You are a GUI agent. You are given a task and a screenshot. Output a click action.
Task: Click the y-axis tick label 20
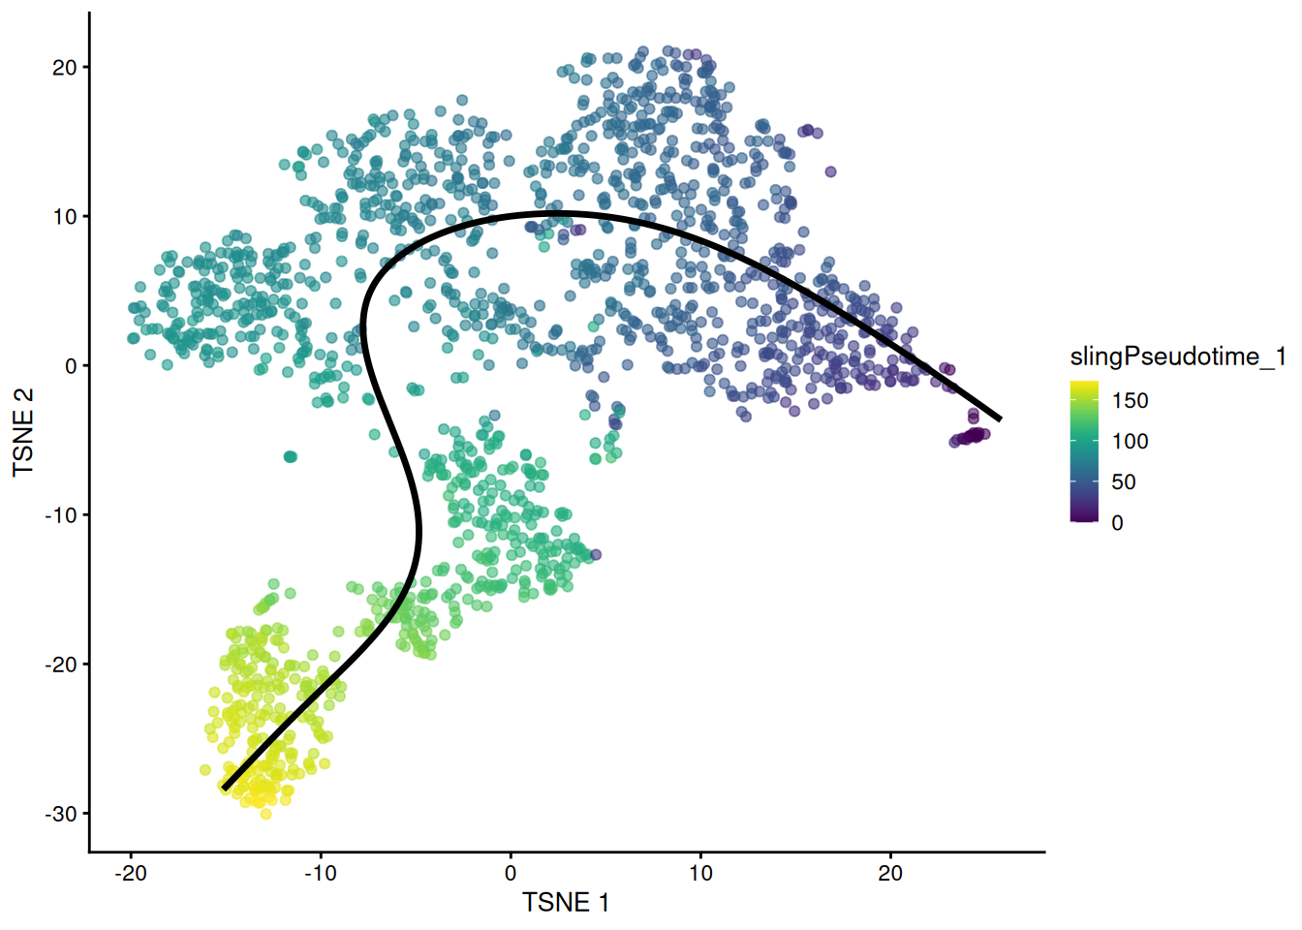[64, 68]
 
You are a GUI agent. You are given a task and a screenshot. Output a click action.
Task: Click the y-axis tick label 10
[64, 217]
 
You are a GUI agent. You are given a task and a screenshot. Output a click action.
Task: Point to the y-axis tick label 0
[71, 366]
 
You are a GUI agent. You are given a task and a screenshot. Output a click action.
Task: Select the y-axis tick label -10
[60, 515]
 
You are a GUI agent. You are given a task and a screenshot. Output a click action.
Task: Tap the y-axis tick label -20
[60, 665]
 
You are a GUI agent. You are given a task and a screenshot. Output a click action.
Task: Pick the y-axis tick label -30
[60, 814]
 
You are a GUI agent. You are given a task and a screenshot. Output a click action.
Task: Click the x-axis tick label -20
[131, 874]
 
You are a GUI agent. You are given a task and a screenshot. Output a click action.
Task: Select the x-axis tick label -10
[321, 874]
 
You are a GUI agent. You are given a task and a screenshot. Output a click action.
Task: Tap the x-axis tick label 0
[511, 874]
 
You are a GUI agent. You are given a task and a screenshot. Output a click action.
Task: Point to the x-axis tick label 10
[700, 874]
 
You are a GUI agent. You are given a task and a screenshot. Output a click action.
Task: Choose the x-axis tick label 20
[890, 874]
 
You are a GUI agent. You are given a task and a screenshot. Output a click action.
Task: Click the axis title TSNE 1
[566, 903]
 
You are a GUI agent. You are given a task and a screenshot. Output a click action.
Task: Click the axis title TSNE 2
[23, 432]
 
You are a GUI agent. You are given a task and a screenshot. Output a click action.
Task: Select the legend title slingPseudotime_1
[1177, 357]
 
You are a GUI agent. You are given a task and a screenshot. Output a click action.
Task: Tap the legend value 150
[1130, 401]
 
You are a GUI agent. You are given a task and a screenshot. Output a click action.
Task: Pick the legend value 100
[1130, 442]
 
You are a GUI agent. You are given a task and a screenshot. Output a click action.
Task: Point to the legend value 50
[1124, 482]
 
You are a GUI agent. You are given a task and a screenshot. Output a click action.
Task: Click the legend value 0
[1117, 523]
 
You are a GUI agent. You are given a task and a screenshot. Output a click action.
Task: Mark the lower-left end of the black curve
[225, 788]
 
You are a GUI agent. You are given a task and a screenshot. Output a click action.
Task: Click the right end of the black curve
[999, 418]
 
